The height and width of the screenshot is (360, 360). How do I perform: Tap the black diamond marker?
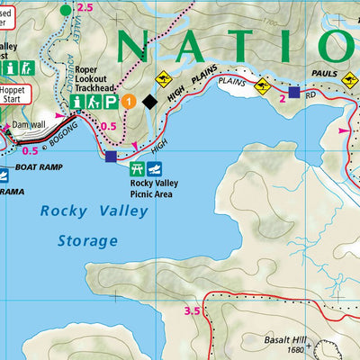[150, 103]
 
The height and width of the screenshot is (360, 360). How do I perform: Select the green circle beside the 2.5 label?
[65, 10]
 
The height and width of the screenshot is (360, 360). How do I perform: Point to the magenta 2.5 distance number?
[85, 8]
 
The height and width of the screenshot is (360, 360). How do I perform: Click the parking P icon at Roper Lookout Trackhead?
[110, 103]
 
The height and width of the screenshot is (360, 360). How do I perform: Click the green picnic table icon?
[138, 169]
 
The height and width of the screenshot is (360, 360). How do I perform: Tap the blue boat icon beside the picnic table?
[156, 169]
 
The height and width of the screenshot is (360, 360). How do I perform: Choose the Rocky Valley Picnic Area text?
[145, 191]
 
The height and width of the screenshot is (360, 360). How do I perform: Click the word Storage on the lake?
[87, 241]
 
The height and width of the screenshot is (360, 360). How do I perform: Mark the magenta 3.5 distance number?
[190, 311]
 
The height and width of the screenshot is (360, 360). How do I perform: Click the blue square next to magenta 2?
[293, 91]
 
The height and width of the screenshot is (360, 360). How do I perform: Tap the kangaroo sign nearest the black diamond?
[165, 78]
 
